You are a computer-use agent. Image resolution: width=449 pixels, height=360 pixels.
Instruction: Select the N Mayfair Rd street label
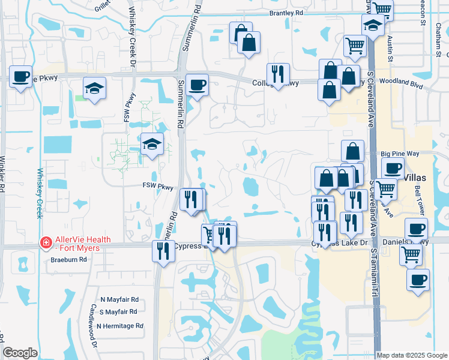(x=119, y=299)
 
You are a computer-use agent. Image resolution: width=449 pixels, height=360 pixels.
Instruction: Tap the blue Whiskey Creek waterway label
(x=41, y=192)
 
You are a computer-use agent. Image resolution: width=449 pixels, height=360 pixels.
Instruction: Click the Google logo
(x=20, y=353)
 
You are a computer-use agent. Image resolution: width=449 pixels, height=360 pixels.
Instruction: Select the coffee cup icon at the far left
(x=21, y=77)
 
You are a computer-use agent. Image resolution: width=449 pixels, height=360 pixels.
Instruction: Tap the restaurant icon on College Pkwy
(x=278, y=74)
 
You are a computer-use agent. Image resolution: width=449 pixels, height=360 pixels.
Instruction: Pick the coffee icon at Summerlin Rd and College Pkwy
(x=196, y=85)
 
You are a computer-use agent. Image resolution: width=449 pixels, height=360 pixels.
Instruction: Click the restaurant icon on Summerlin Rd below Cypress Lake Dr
(x=162, y=251)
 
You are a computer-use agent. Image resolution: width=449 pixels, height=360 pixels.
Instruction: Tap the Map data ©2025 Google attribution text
(x=411, y=355)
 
